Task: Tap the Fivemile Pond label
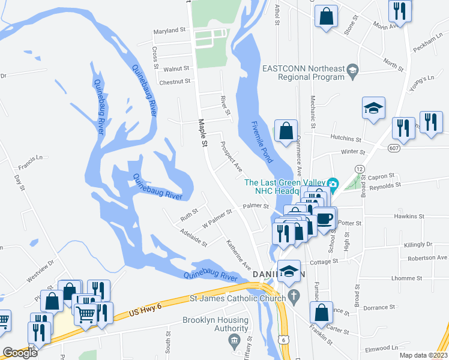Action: [262, 142]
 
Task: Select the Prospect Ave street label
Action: [231, 155]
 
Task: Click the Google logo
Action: [20, 353]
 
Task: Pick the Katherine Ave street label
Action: [238, 255]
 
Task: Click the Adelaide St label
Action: [194, 237]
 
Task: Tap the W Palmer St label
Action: [217, 217]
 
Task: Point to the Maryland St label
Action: [170, 31]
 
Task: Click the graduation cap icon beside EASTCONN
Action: [352, 72]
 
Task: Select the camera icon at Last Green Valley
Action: [334, 183]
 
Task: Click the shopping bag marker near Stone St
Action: [325, 17]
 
